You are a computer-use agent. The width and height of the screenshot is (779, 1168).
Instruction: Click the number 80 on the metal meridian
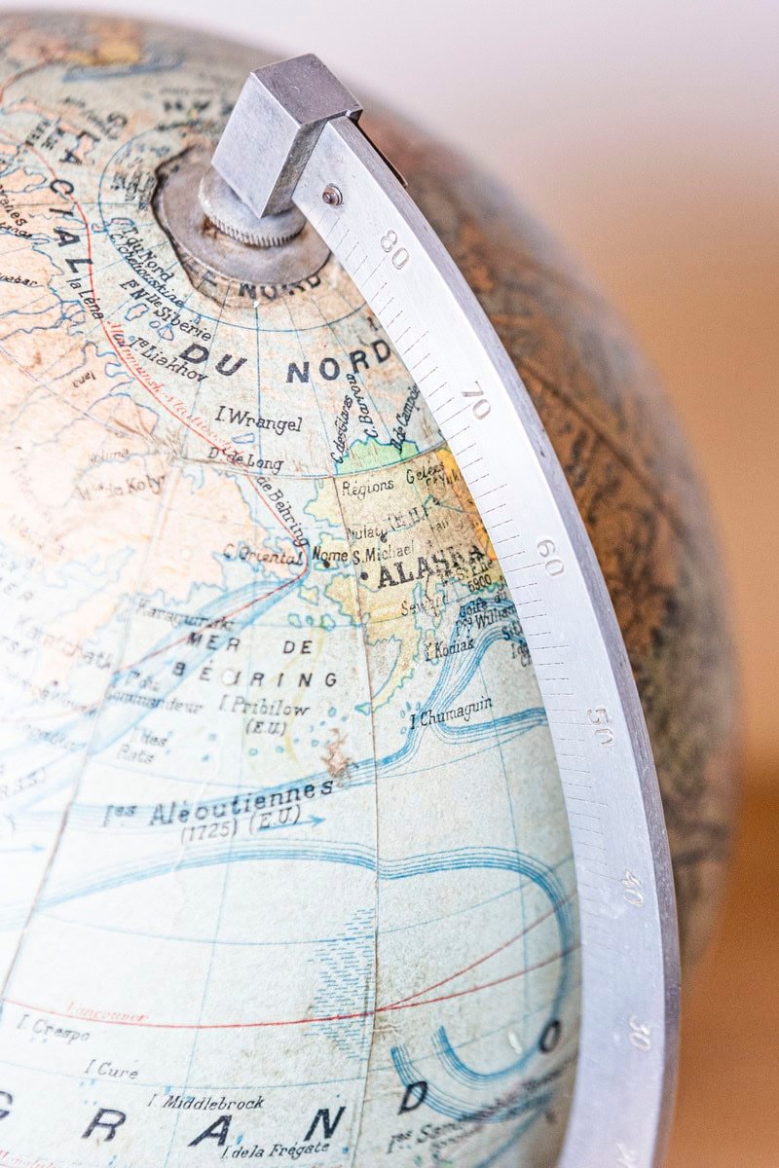(394, 249)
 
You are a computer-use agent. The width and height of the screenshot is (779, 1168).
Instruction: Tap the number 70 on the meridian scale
(476, 399)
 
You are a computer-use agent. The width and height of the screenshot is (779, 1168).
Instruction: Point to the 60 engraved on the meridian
(549, 557)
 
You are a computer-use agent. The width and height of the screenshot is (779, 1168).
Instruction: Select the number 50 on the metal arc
(601, 724)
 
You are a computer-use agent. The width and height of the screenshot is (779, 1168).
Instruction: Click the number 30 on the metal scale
(639, 1033)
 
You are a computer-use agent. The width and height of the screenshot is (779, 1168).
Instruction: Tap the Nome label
(330, 555)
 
